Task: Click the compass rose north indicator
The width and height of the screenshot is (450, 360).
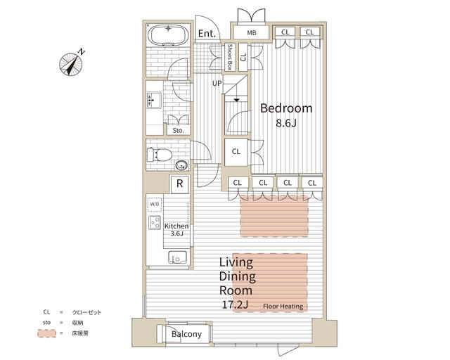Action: [x=71, y=64]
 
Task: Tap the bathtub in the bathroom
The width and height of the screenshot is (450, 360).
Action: [x=168, y=35]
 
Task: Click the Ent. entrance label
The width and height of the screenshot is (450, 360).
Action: [x=207, y=34]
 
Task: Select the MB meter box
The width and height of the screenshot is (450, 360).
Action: [x=252, y=33]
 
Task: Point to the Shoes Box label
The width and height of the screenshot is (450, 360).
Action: [x=230, y=57]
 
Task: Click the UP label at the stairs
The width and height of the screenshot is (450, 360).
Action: [x=217, y=83]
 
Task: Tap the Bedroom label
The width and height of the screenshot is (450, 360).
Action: [x=286, y=108]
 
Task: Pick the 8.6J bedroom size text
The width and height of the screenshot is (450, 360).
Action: [x=286, y=123]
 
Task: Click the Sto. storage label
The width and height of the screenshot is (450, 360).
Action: [x=178, y=130]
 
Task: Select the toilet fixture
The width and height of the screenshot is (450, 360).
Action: [x=160, y=155]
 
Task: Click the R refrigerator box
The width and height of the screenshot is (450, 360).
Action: [x=180, y=184]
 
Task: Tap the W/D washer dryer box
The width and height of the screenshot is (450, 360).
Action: [x=155, y=204]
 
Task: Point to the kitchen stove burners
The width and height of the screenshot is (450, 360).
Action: [x=155, y=222]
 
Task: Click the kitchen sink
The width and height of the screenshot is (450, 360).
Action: [x=178, y=257]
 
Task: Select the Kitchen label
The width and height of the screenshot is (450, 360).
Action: [x=176, y=226]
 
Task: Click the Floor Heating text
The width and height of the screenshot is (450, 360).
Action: [x=283, y=307]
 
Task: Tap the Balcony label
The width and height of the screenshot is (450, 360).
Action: [x=186, y=334]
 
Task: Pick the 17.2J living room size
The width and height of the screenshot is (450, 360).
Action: [x=235, y=305]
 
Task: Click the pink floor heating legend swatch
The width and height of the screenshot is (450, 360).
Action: [x=47, y=333]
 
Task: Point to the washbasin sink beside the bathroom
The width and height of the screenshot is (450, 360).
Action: [x=154, y=100]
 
